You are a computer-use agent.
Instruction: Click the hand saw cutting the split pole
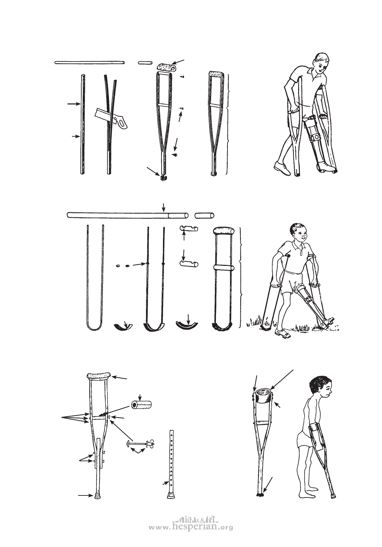click(111, 119)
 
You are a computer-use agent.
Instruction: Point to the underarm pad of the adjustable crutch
click(98, 375)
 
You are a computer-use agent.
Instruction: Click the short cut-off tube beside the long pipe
click(204, 215)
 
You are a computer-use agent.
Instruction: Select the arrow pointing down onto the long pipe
click(164, 207)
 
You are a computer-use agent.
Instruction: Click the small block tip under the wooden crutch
click(163, 178)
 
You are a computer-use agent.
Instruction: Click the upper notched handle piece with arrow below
click(189, 229)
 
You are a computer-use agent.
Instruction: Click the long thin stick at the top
click(90, 63)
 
